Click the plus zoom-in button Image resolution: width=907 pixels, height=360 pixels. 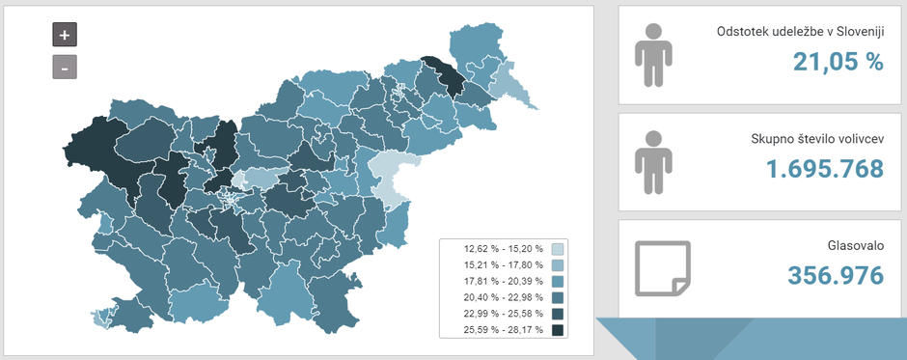[x=65, y=34]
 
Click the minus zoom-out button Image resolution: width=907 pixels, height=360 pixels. [x=65, y=68]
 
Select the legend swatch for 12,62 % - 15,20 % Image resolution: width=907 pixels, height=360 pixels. [x=557, y=249]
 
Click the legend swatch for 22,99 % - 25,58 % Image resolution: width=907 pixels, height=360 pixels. [x=557, y=314]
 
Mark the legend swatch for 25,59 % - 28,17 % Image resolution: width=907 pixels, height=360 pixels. [x=557, y=330]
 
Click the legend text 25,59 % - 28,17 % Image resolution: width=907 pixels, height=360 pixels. [x=495, y=330]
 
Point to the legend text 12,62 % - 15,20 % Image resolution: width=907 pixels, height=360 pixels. [x=495, y=249]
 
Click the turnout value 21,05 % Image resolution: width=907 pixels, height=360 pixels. [x=838, y=63]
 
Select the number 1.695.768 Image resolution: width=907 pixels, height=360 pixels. [x=825, y=170]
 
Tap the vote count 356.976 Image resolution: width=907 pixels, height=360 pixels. [x=836, y=275]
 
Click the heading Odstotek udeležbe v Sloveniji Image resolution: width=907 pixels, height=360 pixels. [x=800, y=32]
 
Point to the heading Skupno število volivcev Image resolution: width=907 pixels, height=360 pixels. [x=817, y=140]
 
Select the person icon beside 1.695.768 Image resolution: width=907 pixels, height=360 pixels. [x=653, y=162]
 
